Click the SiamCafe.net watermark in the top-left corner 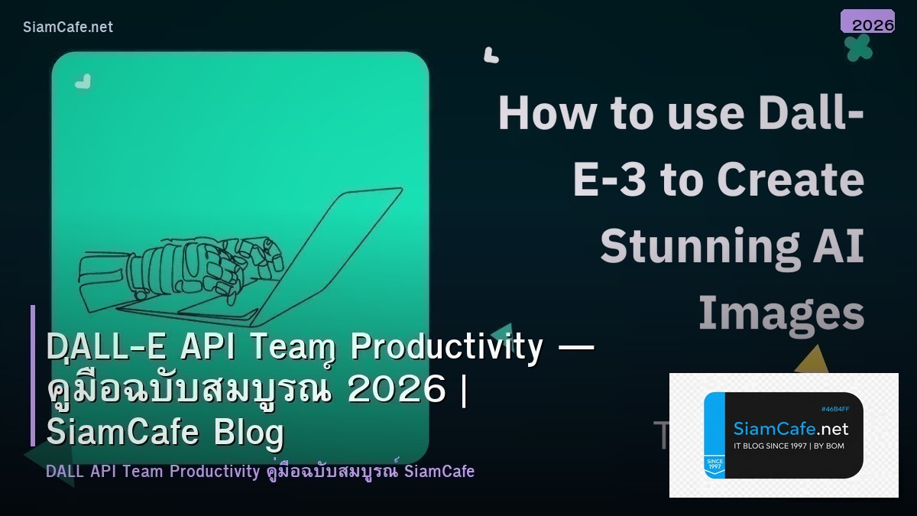(x=68, y=27)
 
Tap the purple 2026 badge (x=868, y=22)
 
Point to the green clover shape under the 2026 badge (x=858, y=47)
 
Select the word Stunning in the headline (x=680, y=246)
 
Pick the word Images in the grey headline (x=781, y=313)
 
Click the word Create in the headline (x=790, y=180)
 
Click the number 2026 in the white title (x=396, y=390)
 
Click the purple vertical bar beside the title (x=33, y=375)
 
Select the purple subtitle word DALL (x=65, y=471)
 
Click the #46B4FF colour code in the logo (x=834, y=409)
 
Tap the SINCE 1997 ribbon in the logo (x=714, y=466)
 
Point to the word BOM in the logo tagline (x=834, y=446)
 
